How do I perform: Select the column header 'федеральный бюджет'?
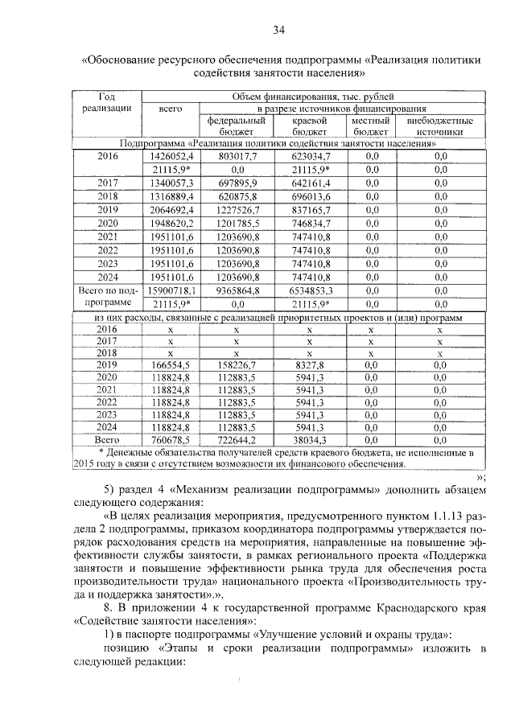pos(237,125)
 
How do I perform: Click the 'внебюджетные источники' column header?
pos(440,125)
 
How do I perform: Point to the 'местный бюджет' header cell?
pos(370,125)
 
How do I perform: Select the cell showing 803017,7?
pos(237,156)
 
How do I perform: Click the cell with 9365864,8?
pos(237,290)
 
